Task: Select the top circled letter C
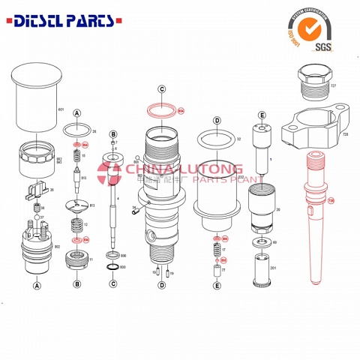pos(162,88)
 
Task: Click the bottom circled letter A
pos(36,285)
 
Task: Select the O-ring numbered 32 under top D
pos(216,139)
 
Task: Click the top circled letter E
pos(262,115)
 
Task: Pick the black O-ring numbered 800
pos(112,268)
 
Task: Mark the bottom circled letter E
pos(217,285)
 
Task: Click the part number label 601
pos(61,109)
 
